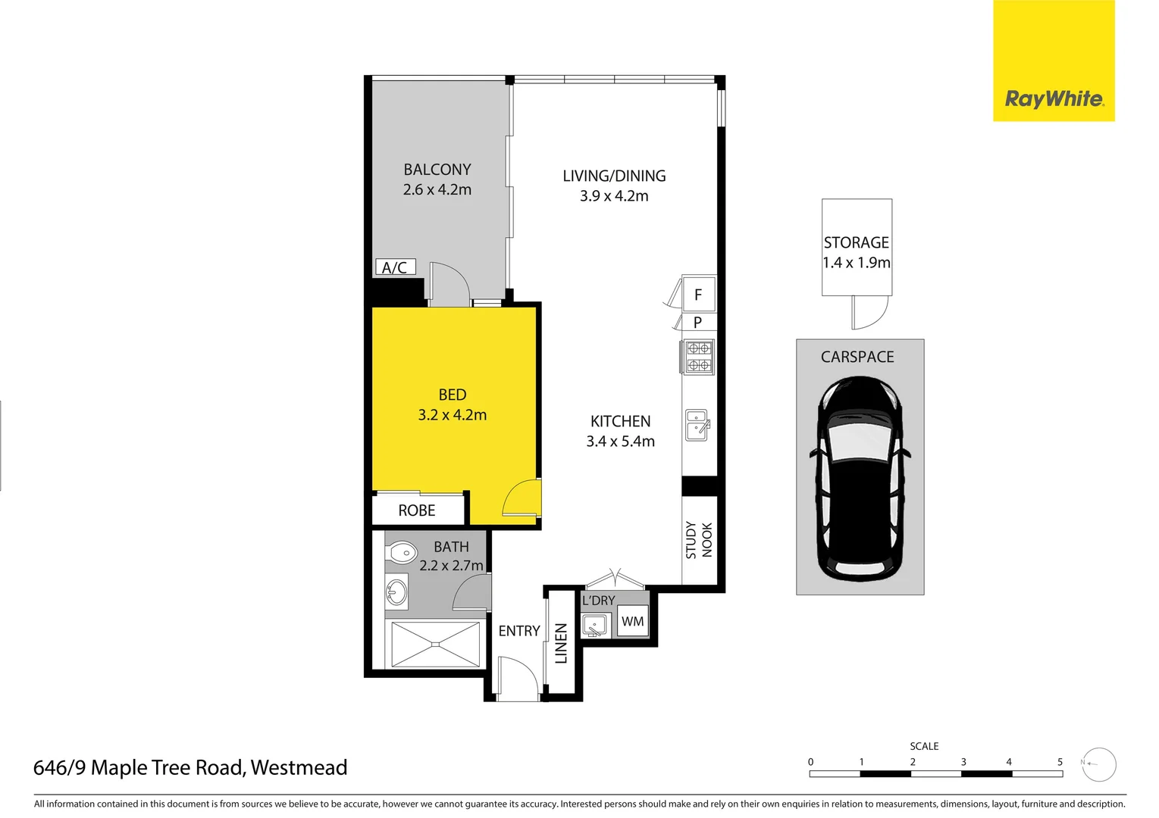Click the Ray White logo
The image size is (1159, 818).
click(1054, 98)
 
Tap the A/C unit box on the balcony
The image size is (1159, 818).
click(395, 267)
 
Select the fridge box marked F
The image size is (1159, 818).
click(698, 295)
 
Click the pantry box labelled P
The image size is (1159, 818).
click(698, 322)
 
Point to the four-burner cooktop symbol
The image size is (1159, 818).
click(698, 357)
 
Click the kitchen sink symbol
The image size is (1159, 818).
click(697, 425)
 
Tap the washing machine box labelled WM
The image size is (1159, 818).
click(632, 622)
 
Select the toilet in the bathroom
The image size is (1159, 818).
click(401, 553)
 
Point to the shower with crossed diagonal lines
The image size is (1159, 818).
click(435, 645)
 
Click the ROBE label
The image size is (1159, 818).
click(417, 510)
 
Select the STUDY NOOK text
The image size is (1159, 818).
click(699, 540)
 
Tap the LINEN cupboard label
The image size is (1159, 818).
click(561, 643)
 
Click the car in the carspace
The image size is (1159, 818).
click(860, 479)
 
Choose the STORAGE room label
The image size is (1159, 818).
click(857, 242)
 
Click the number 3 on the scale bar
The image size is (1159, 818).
click(963, 762)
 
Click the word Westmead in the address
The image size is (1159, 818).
click(299, 768)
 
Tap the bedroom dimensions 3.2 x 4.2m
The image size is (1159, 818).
click(453, 415)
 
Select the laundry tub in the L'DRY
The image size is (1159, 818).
click(594, 626)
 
